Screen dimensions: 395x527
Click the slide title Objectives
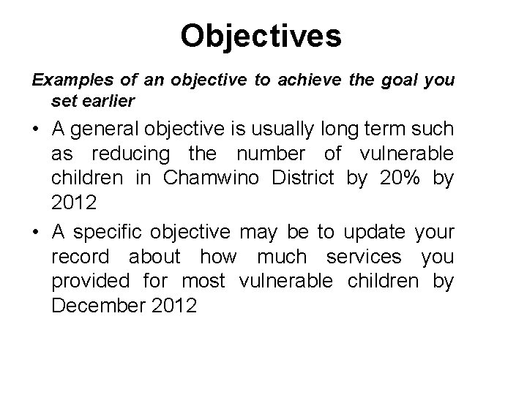[x=261, y=36]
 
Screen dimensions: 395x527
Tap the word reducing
[x=132, y=154]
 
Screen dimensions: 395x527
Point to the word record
[x=81, y=257]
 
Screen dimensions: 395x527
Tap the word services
[x=365, y=257]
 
